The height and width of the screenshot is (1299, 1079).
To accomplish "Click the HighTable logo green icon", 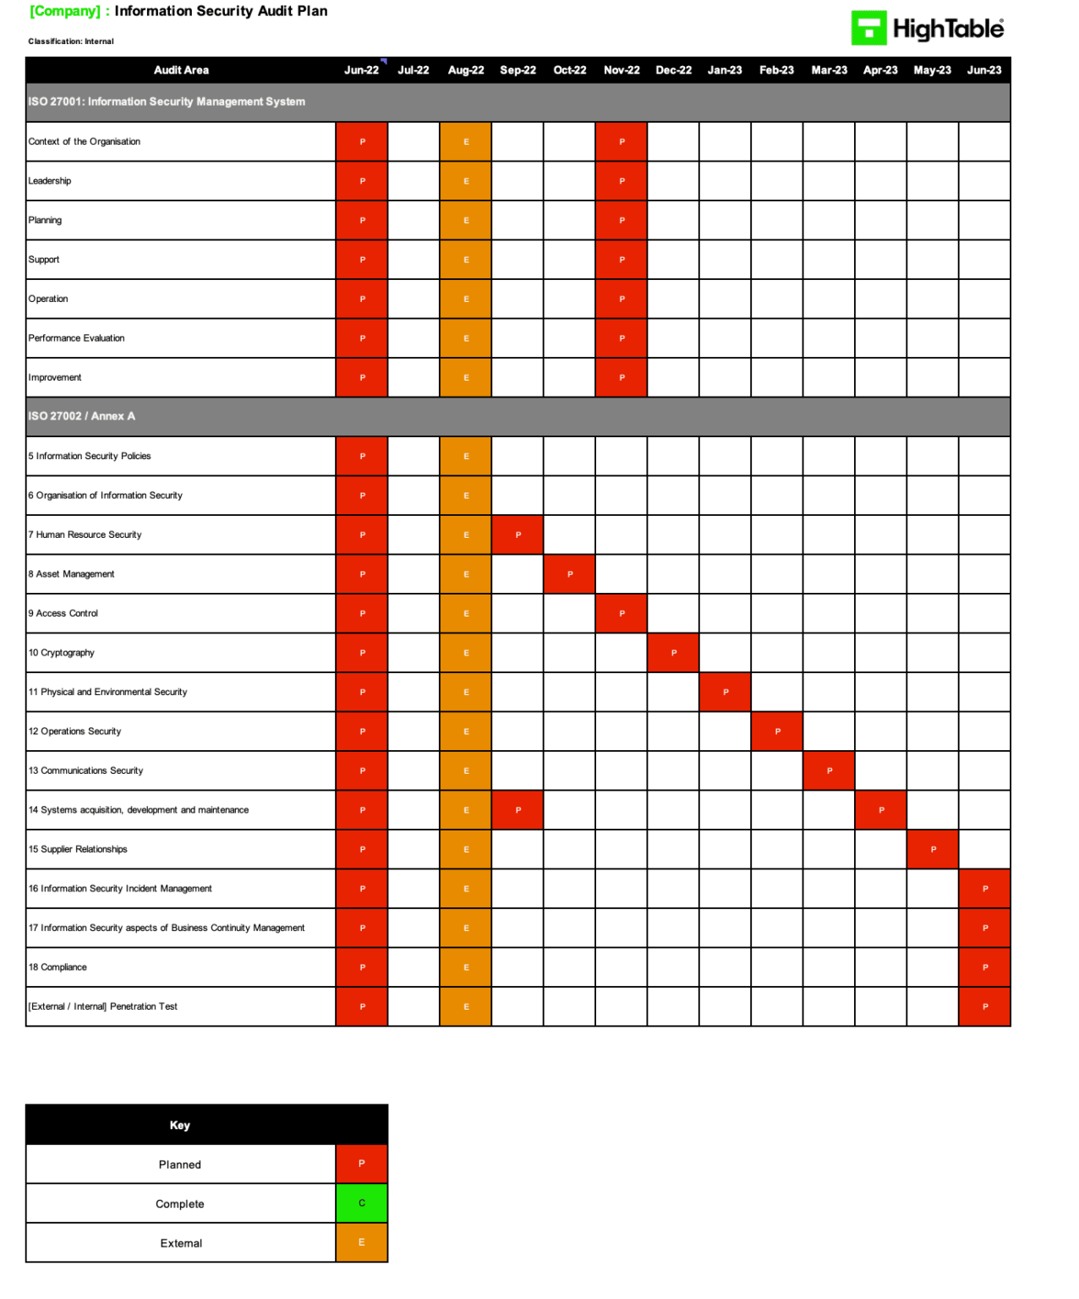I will point(868,28).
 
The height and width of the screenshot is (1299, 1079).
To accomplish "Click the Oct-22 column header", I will point(569,70).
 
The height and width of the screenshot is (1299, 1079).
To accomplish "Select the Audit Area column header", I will point(181,70).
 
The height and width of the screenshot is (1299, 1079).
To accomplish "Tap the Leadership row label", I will point(50,181).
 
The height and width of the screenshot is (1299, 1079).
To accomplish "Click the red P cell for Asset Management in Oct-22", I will point(570,574).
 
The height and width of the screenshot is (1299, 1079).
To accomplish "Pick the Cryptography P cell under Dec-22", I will point(674,653).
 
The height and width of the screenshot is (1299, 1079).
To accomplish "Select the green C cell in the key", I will point(362,1203).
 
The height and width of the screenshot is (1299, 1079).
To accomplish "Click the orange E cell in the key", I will point(362,1242).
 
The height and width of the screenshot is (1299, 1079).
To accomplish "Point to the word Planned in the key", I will point(180,1165).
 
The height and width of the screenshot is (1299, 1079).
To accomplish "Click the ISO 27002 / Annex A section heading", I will point(82,416).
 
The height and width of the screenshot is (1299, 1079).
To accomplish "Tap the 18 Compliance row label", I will point(58,967).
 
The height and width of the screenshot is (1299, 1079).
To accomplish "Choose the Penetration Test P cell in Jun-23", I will point(985,1006).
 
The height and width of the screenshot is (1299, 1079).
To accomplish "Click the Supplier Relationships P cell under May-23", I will point(933,849).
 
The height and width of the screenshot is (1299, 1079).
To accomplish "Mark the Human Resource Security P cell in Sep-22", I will point(518,535).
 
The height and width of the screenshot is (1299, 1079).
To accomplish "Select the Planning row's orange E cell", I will point(466,221).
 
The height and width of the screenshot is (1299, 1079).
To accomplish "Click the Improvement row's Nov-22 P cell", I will point(622,378).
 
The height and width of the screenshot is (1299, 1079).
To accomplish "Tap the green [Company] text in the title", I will point(64,11).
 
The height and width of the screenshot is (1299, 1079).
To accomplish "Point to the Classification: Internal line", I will point(71,41).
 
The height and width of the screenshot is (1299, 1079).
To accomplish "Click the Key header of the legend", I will point(180,1125).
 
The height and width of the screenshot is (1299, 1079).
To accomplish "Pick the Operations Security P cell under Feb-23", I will point(777,732).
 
